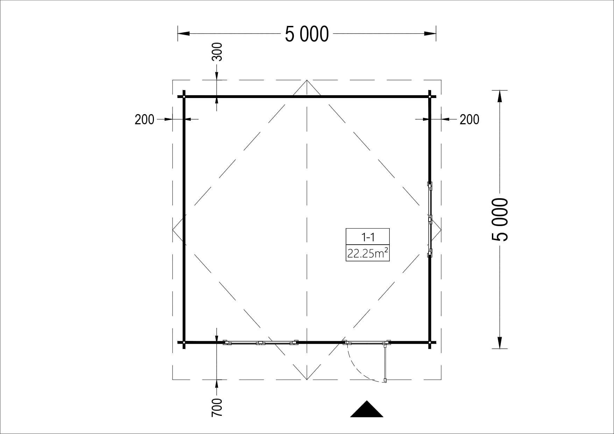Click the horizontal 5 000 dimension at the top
pyautogui.click(x=307, y=34)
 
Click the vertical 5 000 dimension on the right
pyautogui.click(x=500, y=219)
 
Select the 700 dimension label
pyautogui.click(x=217, y=407)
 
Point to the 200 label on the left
pyautogui.click(x=144, y=120)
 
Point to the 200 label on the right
pyautogui.click(x=470, y=120)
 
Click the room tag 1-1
pyautogui.click(x=368, y=237)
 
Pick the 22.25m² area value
pyautogui.click(x=368, y=253)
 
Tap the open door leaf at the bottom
pyautogui.click(x=386, y=362)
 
